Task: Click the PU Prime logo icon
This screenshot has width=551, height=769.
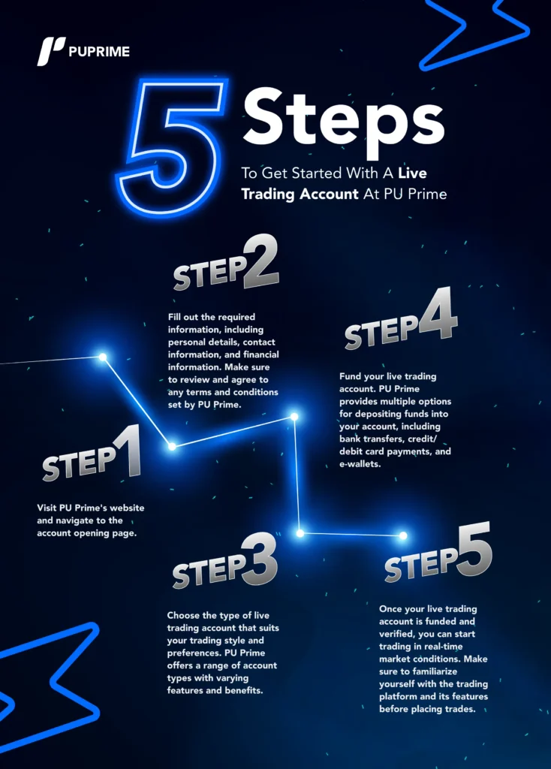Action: tap(51, 51)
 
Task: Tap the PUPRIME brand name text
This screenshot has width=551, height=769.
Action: tap(100, 52)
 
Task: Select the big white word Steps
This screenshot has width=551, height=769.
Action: tap(343, 121)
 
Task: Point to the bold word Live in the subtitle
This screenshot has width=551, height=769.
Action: tap(412, 173)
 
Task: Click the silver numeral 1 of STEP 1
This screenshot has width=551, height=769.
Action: tap(128, 452)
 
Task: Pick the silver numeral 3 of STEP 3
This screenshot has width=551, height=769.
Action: tap(260, 559)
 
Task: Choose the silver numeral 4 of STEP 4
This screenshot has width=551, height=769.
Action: tap(437, 315)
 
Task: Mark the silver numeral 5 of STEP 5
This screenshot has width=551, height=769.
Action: tap(474, 549)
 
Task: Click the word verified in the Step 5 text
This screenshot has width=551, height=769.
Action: tap(397, 634)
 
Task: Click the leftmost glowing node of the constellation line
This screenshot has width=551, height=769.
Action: tap(102, 357)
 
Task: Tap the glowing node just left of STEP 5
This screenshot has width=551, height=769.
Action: tap(403, 535)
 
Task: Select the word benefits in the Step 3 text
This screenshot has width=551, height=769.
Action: tap(244, 691)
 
